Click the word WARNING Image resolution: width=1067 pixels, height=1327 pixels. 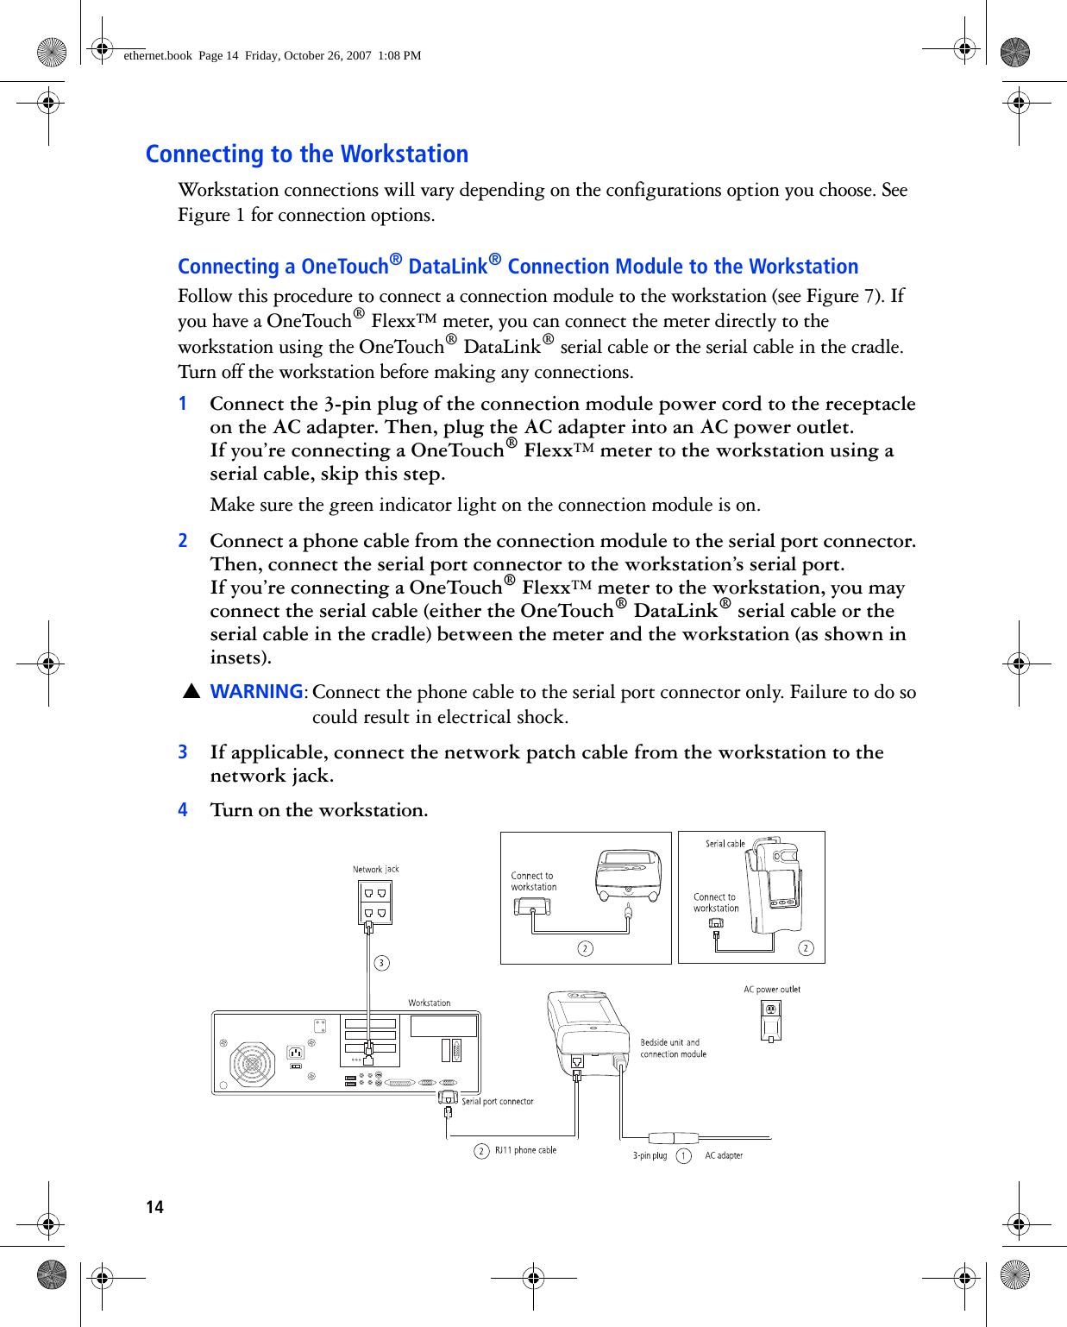pyautogui.click(x=256, y=692)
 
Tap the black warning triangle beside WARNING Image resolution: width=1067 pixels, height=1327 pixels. pyautogui.click(x=191, y=692)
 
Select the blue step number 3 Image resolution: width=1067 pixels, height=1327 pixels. pyautogui.click(x=183, y=752)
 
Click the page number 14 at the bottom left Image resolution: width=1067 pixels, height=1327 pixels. pyautogui.click(x=154, y=1207)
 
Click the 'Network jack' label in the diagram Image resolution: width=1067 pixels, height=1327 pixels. pyautogui.click(x=375, y=870)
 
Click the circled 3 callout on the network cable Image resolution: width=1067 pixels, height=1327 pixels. pyautogui.click(x=381, y=963)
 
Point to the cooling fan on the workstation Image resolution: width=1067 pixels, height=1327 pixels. pyautogui.click(x=252, y=1064)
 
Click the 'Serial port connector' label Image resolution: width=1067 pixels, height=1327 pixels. pyautogui.click(x=497, y=1102)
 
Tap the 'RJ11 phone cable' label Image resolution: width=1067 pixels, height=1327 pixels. pyautogui.click(x=524, y=1150)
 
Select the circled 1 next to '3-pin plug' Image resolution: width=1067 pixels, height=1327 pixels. pyautogui.click(x=684, y=1156)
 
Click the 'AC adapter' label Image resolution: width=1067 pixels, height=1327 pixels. pyautogui.click(x=724, y=1156)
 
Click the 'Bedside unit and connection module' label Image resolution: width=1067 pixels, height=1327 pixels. pyautogui.click(x=673, y=1048)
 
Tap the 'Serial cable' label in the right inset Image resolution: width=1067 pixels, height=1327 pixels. pyautogui.click(x=725, y=844)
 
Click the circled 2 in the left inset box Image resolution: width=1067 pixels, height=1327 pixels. pyautogui.click(x=585, y=949)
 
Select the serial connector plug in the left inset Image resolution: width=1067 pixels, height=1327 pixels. pyautogui.click(x=531, y=907)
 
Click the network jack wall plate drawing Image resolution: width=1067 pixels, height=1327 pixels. pyautogui.click(x=375, y=902)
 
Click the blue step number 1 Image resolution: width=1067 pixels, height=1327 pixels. pyautogui.click(x=183, y=404)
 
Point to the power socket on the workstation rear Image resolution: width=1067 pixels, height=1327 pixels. pyautogui.click(x=295, y=1052)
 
